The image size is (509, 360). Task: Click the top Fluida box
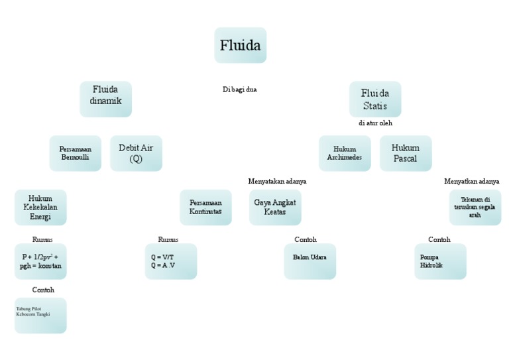point(240,45)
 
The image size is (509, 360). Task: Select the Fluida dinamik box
point(105,99)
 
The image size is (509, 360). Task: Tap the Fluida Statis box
point(375,99)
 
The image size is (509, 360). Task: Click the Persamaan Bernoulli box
point(76,153)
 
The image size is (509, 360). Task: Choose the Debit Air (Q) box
point(136,153)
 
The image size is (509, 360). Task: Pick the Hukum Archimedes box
point(345,153)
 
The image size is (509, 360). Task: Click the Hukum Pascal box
point(406,153)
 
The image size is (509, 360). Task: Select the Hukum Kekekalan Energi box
point(40,208)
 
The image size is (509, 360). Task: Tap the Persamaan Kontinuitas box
point(205,208)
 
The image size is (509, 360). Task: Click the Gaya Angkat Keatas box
point(275,208)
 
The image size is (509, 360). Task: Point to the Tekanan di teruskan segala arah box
point(475,208)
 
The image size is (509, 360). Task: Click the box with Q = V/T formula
point(170,261)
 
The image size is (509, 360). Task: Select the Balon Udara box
point(310,261)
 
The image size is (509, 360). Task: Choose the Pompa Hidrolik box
point(440,261)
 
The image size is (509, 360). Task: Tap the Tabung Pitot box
point(40,315)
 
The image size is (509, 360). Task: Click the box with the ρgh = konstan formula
point(40,261)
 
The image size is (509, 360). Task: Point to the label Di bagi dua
point(240,90)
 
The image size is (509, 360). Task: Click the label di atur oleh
point(375,123)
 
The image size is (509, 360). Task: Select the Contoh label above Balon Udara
point(306,239)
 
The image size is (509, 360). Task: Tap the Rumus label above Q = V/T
point(168,239)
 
